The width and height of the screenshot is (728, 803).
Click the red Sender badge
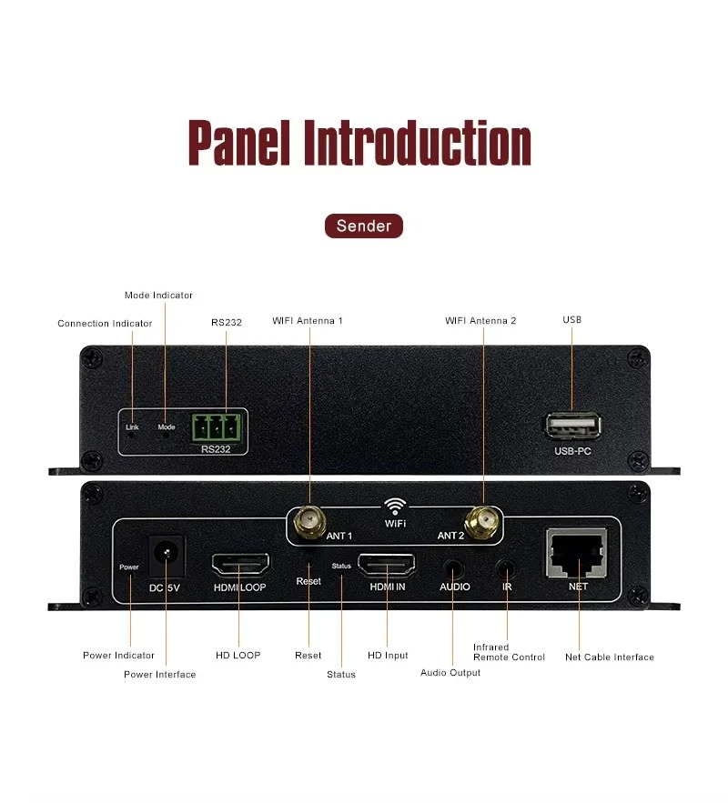coord(363,226)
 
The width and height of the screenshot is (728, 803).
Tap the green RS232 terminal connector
coord(217,426)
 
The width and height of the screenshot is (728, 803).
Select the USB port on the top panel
coord(572,426)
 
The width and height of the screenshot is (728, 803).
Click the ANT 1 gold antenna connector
coord(308,521)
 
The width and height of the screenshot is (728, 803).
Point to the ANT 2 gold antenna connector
coord(482,521)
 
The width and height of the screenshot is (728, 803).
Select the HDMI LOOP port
coord(239,565)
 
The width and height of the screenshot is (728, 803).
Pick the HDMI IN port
coord(388,565)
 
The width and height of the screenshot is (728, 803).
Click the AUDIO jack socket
coord(453,565)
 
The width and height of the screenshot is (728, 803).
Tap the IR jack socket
coord(507,565)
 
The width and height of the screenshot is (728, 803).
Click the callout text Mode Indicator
coord(158,295)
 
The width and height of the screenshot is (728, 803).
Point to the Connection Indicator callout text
coord(105,323)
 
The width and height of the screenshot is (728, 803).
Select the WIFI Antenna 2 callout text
coord(480,320)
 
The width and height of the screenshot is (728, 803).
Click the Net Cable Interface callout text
coord(609,657)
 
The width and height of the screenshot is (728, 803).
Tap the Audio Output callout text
coord(450,672)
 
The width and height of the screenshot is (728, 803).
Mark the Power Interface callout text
coord(159,674)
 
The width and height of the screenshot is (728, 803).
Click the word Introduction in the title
coord(417,143)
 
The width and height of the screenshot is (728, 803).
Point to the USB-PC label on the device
coord(572,451)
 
